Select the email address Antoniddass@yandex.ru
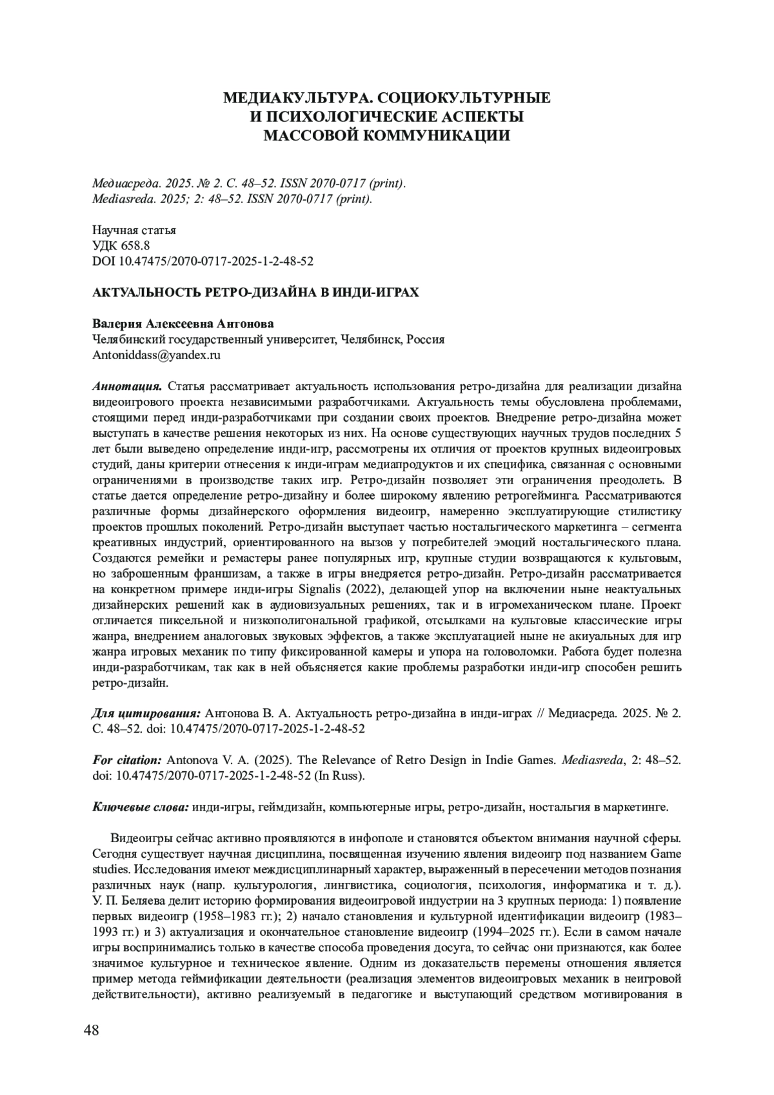157,355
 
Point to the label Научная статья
134,230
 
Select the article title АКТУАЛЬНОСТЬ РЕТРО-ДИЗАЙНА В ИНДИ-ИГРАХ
255,292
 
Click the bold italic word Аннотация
127,387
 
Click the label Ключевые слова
141,807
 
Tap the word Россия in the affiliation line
424,340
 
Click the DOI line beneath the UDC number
203,261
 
